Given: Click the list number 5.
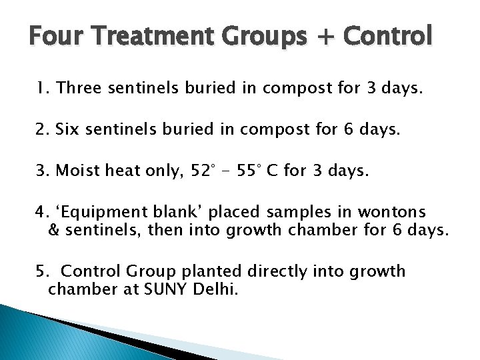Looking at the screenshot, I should point(41,271).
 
